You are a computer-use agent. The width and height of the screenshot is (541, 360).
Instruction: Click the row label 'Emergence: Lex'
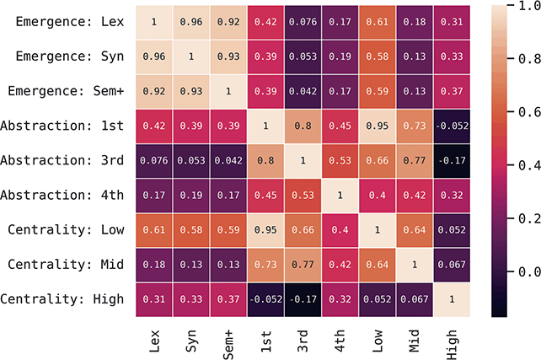[64, 22]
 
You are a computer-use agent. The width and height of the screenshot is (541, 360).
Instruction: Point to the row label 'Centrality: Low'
[64, 229]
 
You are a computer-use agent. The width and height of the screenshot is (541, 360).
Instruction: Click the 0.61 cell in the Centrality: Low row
[154, 229]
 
